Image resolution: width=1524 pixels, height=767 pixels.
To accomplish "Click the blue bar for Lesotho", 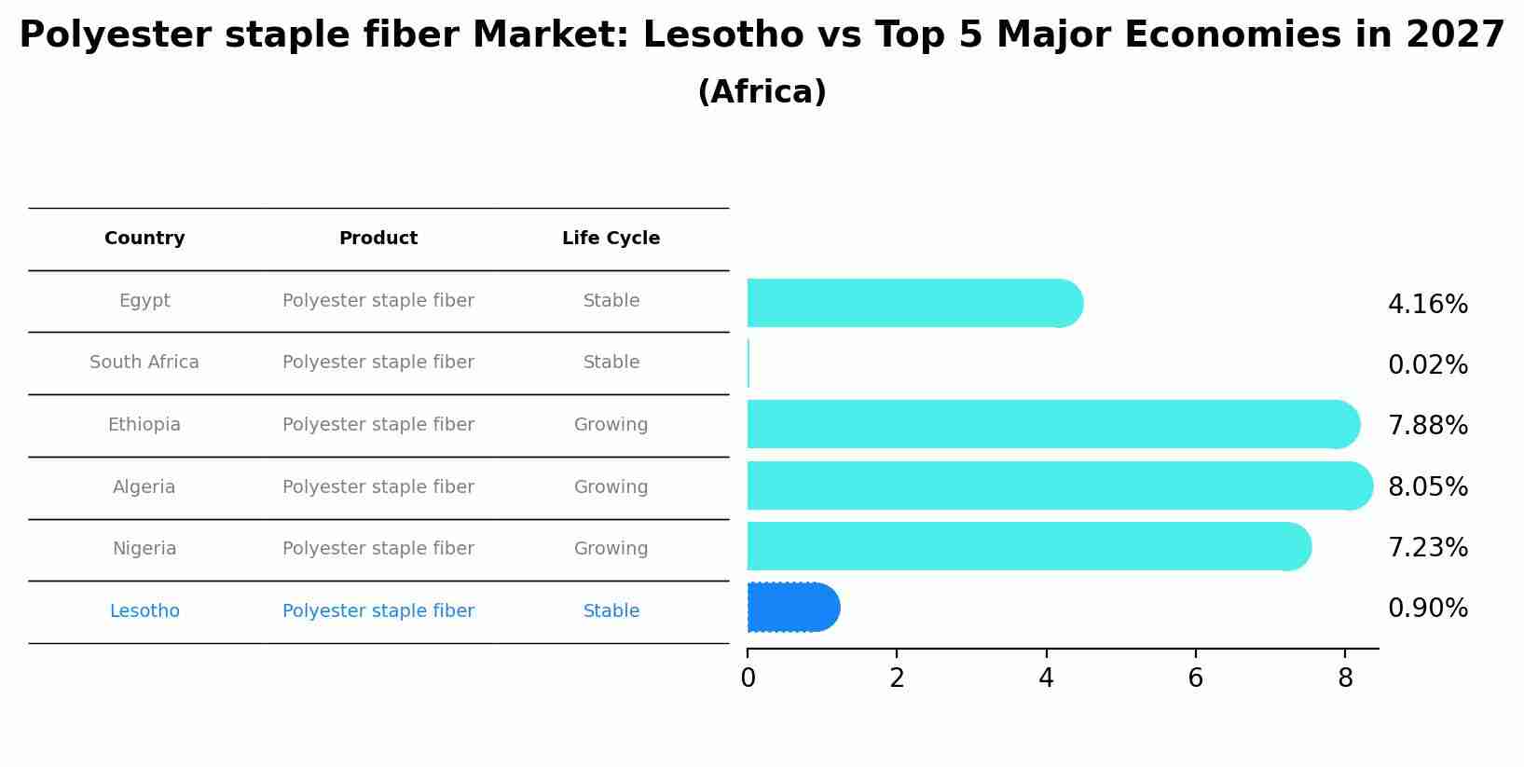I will [792, 608].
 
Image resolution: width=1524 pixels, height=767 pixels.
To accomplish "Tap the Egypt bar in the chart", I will [913, 303].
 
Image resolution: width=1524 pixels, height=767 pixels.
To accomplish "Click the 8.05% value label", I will [1427, 487].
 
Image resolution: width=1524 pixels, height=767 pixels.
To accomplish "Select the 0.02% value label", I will [1427, 365].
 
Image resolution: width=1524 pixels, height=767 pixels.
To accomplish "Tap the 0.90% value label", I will [1427, 609].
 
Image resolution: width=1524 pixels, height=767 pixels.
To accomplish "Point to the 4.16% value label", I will [1427, 305].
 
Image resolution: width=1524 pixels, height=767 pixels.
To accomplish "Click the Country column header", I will [144, 239].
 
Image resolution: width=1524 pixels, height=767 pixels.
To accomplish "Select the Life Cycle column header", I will [611, 239].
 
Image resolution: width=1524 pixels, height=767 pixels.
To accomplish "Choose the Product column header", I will [378, 239].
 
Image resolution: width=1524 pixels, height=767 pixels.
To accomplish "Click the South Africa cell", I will [144, 363].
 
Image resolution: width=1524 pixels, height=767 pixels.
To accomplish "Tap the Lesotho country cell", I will [144, 611].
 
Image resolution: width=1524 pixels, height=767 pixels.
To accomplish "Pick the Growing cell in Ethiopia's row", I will [611, 425].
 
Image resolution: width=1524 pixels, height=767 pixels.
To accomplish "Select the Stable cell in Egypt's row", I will [611, 301].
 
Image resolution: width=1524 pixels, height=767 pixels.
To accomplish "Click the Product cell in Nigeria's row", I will [378, 549].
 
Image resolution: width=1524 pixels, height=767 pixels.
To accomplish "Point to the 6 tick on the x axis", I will [1195, 678].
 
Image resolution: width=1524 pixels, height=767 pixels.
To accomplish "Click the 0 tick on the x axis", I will [748, 678].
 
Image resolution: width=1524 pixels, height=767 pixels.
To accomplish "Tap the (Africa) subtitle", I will [762, 92].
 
